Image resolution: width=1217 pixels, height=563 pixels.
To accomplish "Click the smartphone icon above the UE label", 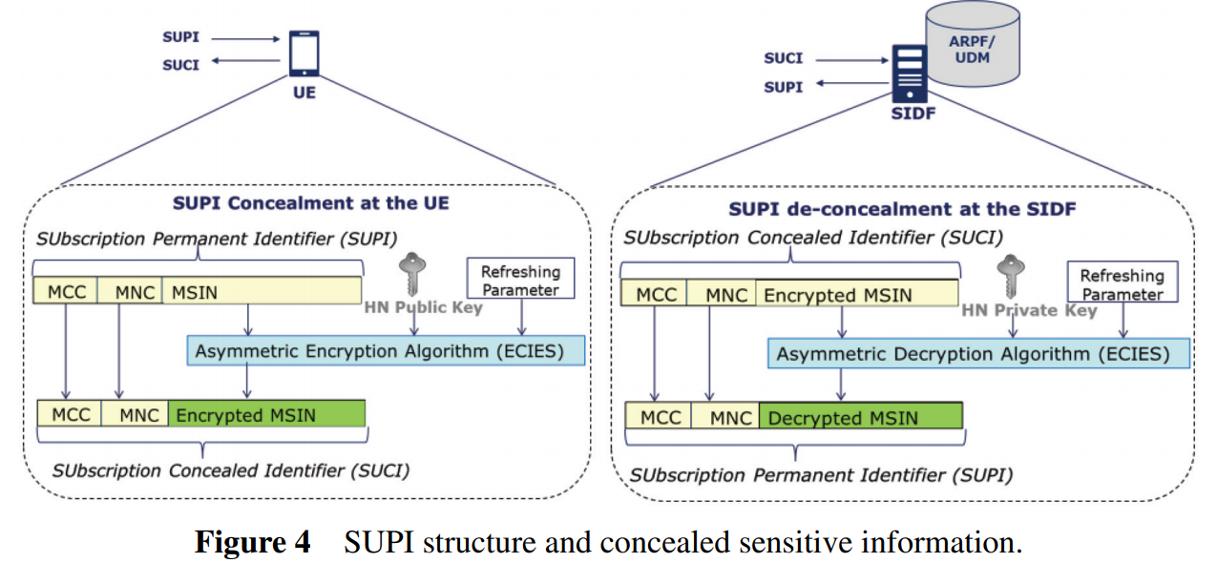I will coord(304,53).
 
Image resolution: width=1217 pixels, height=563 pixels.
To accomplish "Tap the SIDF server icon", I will coord(910,73).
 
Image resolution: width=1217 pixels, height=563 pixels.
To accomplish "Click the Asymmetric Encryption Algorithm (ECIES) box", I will coord(386,351).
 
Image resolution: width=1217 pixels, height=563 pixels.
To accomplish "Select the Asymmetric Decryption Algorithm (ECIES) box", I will coord(978,354).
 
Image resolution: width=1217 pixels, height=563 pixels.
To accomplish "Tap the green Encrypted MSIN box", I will coord(266,415).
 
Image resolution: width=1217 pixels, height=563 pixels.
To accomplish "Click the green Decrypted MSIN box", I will coord(860,417).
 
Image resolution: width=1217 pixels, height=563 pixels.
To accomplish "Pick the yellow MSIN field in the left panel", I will coord(262,292).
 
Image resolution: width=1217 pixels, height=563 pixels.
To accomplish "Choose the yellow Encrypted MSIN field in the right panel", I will coord(856,295).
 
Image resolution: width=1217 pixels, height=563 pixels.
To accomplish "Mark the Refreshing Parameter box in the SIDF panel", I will coord(1122,284).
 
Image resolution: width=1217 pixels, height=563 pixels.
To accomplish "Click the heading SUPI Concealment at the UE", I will coord(310,203).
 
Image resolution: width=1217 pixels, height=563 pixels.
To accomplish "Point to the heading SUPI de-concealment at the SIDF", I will coord(902,209).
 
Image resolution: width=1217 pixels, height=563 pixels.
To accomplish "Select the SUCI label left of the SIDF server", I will coord(783,58).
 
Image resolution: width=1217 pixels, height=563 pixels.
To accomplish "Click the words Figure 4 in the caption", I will coord(253,542).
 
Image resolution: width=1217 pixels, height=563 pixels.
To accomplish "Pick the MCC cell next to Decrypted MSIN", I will coord(660,417).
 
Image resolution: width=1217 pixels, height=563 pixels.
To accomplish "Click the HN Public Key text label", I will coord(423,307).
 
